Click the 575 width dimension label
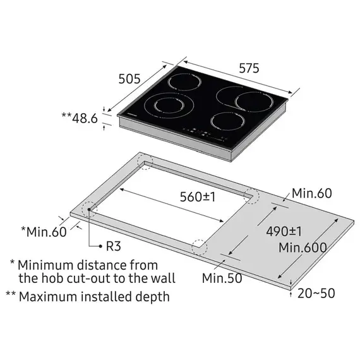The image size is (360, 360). coord(249,68)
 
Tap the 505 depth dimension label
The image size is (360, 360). coord(129,79)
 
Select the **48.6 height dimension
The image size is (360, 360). coord(80,118)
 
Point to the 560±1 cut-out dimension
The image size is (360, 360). coord(198,197)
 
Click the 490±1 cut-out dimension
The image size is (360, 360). coord(284,231)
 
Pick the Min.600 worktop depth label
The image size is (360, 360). coord(303,248)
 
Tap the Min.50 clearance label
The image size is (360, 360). coord(222,278)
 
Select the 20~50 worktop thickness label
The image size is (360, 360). coord(316,293)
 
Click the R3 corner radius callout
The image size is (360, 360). coord(114,246)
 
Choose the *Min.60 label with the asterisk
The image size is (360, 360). coord(44,231)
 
